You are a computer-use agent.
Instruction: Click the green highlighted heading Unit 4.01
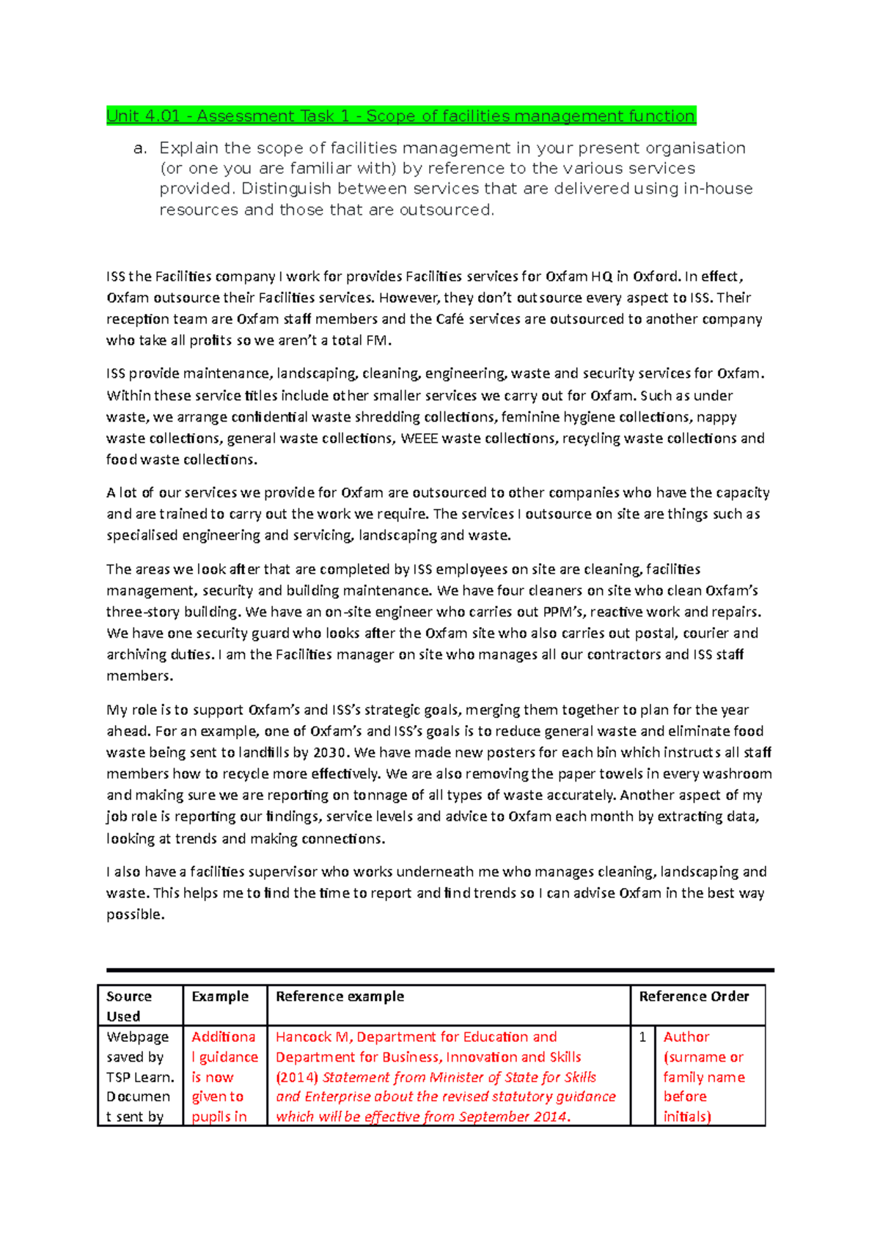(x=400, y=116)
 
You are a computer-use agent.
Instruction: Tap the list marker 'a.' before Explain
(x=140, y=149)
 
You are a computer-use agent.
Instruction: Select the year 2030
(x=331, y=752)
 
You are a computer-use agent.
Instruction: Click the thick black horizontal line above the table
(x=440, y=970)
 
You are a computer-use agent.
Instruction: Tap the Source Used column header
(x=129, y=1006)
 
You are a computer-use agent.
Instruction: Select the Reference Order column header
(x=694, y=996)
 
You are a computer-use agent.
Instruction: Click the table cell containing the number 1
(x=642, y=1037)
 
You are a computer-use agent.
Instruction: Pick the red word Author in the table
(x=686, y=1037)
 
